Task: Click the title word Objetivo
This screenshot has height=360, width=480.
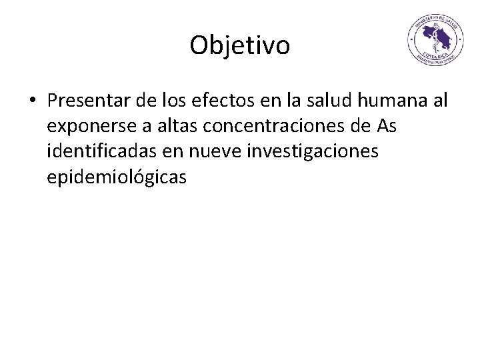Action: click(x=239, y=46)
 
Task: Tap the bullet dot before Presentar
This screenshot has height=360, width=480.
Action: click(x=33, y=101)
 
